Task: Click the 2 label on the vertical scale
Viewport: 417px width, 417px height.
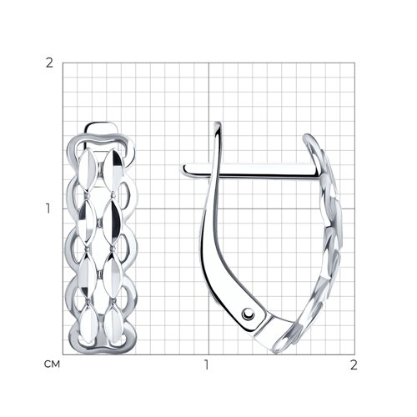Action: coord(49,63)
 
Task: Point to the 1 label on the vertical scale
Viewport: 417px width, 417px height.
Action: coord(48,208)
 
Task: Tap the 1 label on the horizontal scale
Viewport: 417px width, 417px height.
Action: coord(207,364)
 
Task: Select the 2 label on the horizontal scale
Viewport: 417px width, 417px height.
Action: coord(354,364)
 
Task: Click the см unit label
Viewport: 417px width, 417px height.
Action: coord(52,364)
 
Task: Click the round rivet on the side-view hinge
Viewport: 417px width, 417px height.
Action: coord(248,314)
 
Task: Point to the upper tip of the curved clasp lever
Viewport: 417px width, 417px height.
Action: coord(218,123)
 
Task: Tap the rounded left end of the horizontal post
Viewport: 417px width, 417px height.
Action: coord(184,169)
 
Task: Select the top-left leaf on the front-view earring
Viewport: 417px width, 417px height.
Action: coord(87,169)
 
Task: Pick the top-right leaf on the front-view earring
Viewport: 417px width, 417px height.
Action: coord(113,170)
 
